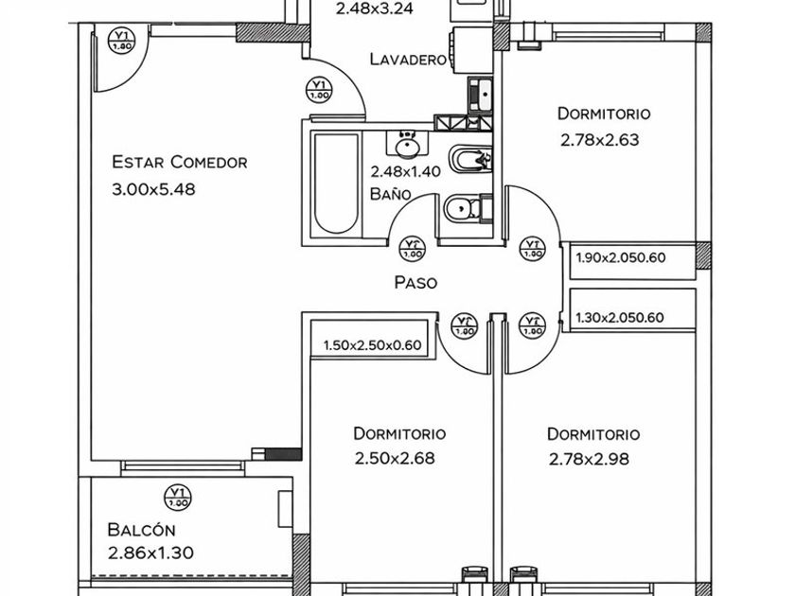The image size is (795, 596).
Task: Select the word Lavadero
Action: click(x=408, y=60)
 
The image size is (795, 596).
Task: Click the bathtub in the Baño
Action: click(x=336, y=184)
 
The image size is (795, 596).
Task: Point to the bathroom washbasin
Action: click(x=408, y=147)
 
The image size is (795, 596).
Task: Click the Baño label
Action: click(x=390, y=194)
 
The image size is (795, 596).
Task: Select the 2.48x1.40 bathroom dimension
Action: click(x=406, y=172)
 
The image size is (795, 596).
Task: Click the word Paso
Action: click(x=415, y=282)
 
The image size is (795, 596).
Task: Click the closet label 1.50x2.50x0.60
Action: click(x=371, y=346)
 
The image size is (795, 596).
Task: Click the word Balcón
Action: click(x=141, y=530)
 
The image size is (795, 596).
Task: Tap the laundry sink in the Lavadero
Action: click(x=479, y=94)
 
